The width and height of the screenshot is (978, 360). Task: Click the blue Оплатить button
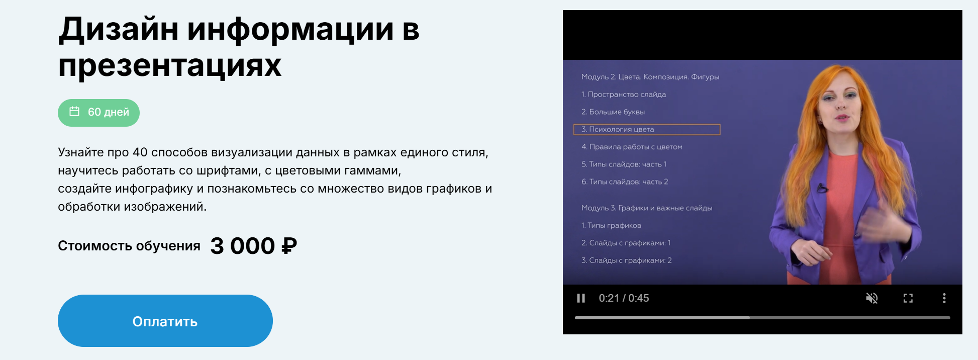(165, 321)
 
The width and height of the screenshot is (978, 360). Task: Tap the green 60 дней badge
(99, 112)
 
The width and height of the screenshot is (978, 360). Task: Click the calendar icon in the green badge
(74, 112)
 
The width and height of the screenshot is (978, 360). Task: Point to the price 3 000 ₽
(254, 246)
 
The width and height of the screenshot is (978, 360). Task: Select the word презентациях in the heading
(170, 66)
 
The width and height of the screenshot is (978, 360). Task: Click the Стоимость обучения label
(129, 246)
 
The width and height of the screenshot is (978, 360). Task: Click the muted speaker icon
(871, 298)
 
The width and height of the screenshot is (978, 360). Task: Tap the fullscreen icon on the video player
(908, 298)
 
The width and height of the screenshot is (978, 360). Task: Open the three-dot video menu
(944, 298)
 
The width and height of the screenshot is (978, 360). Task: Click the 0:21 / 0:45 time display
(624, 298)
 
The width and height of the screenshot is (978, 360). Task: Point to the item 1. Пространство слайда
(623, 95)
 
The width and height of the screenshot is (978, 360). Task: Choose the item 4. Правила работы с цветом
(632, 147)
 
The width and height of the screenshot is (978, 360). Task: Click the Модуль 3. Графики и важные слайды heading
(646, 208)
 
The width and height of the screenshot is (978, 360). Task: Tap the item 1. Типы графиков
(611, 225)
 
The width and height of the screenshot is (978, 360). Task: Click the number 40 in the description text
(140, 152)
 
